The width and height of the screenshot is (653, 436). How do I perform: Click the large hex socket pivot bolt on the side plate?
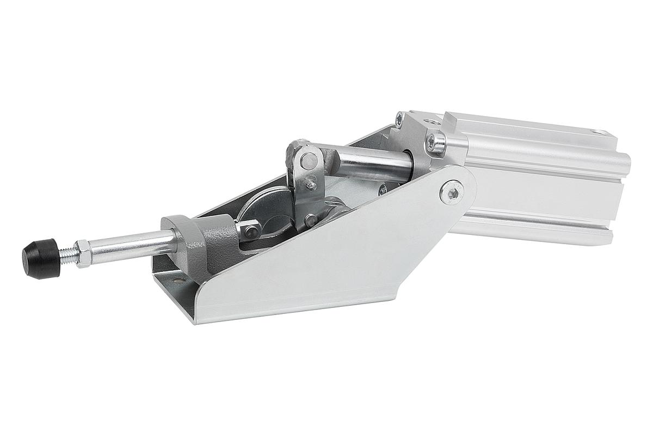click(x=452, y=192)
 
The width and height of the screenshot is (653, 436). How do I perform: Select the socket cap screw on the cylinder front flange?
click(x=436, y=143)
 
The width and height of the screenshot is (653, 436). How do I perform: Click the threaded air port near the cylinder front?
click(x=429, y=120)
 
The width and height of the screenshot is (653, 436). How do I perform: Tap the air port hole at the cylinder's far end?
click(x=599, y=132)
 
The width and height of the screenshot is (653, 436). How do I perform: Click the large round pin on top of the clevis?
click(x=309, y=161)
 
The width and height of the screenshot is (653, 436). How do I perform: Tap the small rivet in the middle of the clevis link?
click(x=312, y=185)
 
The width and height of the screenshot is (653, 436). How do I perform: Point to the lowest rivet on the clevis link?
click(x=311, y=220)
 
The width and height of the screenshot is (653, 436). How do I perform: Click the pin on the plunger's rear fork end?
click(x=252, y=231)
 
